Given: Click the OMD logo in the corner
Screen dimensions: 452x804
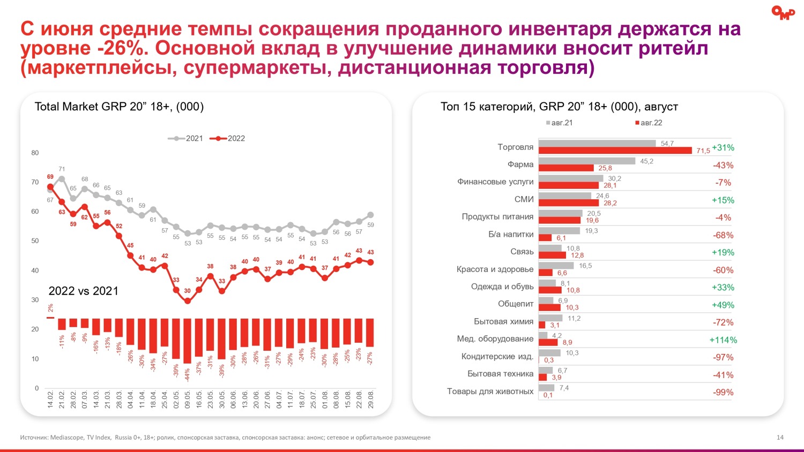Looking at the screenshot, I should pos(783,12).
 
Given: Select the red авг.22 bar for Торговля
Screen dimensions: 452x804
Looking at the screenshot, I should pos(615,150).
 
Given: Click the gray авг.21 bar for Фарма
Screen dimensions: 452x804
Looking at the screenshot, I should pos(586,161).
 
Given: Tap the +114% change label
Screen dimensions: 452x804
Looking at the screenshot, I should pos(723,340).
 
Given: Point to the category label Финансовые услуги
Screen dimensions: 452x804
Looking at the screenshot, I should pos(495,182).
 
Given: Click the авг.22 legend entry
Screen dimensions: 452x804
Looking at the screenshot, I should pos(649,123).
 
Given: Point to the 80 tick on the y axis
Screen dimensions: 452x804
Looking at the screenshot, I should pos(35,153).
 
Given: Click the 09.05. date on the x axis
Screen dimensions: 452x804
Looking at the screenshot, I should pos(188,400).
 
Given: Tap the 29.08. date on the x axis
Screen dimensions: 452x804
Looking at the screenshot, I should pos(370,400).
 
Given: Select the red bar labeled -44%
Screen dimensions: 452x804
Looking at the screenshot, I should pos(188,341).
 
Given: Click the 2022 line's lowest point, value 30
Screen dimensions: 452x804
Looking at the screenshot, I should pos(188,301).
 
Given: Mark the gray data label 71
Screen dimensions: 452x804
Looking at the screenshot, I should pos(62,169).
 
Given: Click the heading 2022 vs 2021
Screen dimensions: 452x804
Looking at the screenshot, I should pos(83,291).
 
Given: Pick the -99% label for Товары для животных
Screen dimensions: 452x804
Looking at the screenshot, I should pos(723,393).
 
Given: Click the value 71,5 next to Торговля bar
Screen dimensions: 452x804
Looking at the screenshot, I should pos(703,151).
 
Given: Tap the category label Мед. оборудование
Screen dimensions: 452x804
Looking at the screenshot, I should pos(495,339).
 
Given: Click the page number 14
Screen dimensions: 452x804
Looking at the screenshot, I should pos(780,438).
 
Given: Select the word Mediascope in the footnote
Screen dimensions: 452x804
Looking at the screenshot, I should pos(67,438).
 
